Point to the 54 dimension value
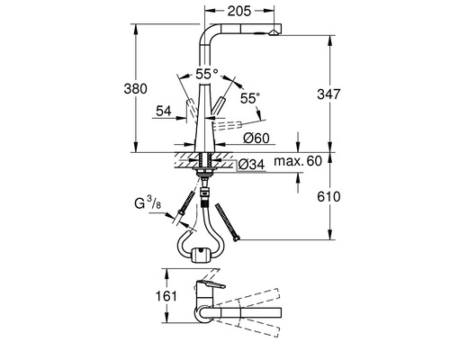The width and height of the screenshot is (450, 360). click(163, 110)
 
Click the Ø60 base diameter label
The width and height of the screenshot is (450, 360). click(258, 138)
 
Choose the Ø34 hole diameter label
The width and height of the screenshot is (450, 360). click(251, 163)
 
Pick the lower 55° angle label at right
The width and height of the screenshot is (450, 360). click(249, 95)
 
